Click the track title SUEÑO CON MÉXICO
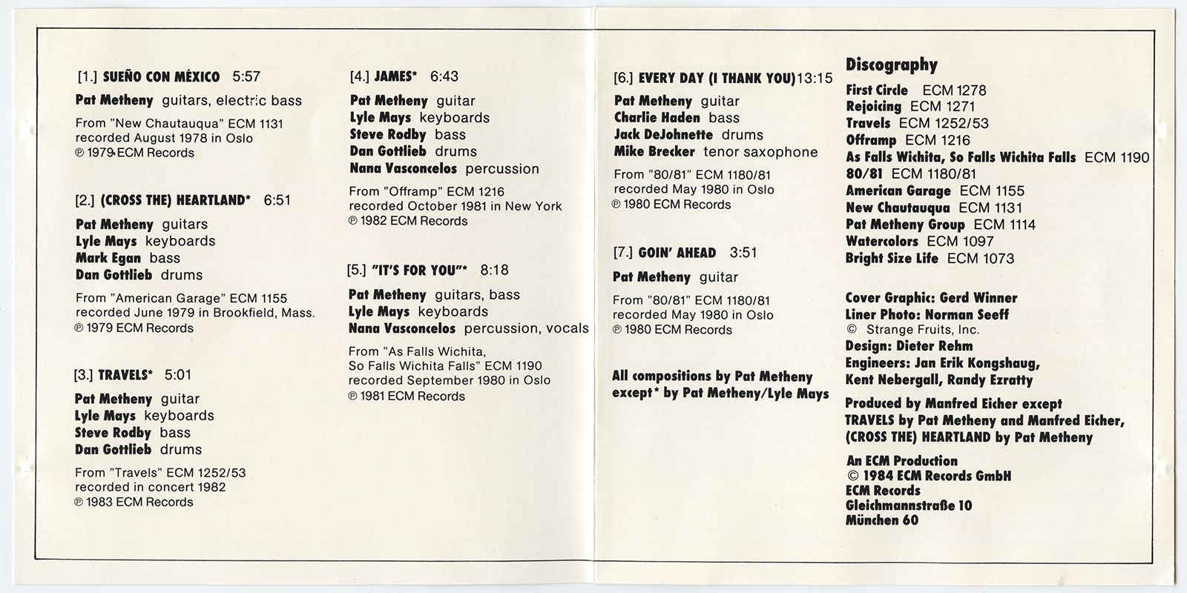pos(161,77)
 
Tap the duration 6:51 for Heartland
pos(277,200)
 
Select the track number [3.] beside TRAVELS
pos(83,375)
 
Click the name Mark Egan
pos(109,258)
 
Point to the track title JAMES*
pos(395,76)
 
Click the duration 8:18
pos(495,271)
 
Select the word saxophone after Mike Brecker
pos(785,152)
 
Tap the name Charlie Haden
pos(657,118)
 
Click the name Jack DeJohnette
pos(663,135)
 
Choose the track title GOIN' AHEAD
pos(677,253)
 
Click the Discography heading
pos(892,65)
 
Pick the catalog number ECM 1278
pos(954,90)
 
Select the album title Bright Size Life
pos(892,259)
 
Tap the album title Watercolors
pos(882,242)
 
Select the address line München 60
pos(882,520)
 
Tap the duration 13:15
pos(815,79)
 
